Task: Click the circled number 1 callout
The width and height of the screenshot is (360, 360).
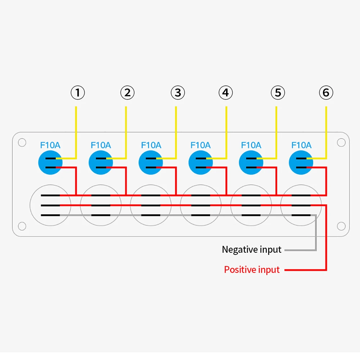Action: click(78, 93)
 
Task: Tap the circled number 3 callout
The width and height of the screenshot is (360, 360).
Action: click(178, 93)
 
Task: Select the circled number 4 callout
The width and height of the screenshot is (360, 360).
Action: click(226, 93)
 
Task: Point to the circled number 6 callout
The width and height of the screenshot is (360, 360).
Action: click(326, 93)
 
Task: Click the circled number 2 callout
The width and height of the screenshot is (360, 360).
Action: click(127, 93)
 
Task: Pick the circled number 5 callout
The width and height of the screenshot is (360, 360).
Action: click(278, 93)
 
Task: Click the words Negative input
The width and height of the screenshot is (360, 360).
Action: click(251, 249)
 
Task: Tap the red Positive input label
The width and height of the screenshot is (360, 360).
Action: click(252, 270)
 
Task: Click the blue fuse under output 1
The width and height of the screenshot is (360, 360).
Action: click(50, 163)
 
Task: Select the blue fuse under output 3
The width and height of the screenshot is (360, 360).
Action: click(150, 163)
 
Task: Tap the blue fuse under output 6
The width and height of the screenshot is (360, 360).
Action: click(301, 163)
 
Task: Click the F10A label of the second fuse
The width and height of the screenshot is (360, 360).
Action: click(100, 145)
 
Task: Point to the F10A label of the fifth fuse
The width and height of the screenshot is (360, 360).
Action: click(251, 145)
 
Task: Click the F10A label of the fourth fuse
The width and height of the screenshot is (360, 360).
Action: click(201, 145)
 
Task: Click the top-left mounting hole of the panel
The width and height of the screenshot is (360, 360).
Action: click(22, 143)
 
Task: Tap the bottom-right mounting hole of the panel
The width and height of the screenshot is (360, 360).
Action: click(341, 226)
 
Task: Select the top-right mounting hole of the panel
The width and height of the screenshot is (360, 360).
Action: click(341, 143)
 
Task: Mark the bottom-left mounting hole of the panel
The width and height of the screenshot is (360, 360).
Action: click(22, 226)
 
